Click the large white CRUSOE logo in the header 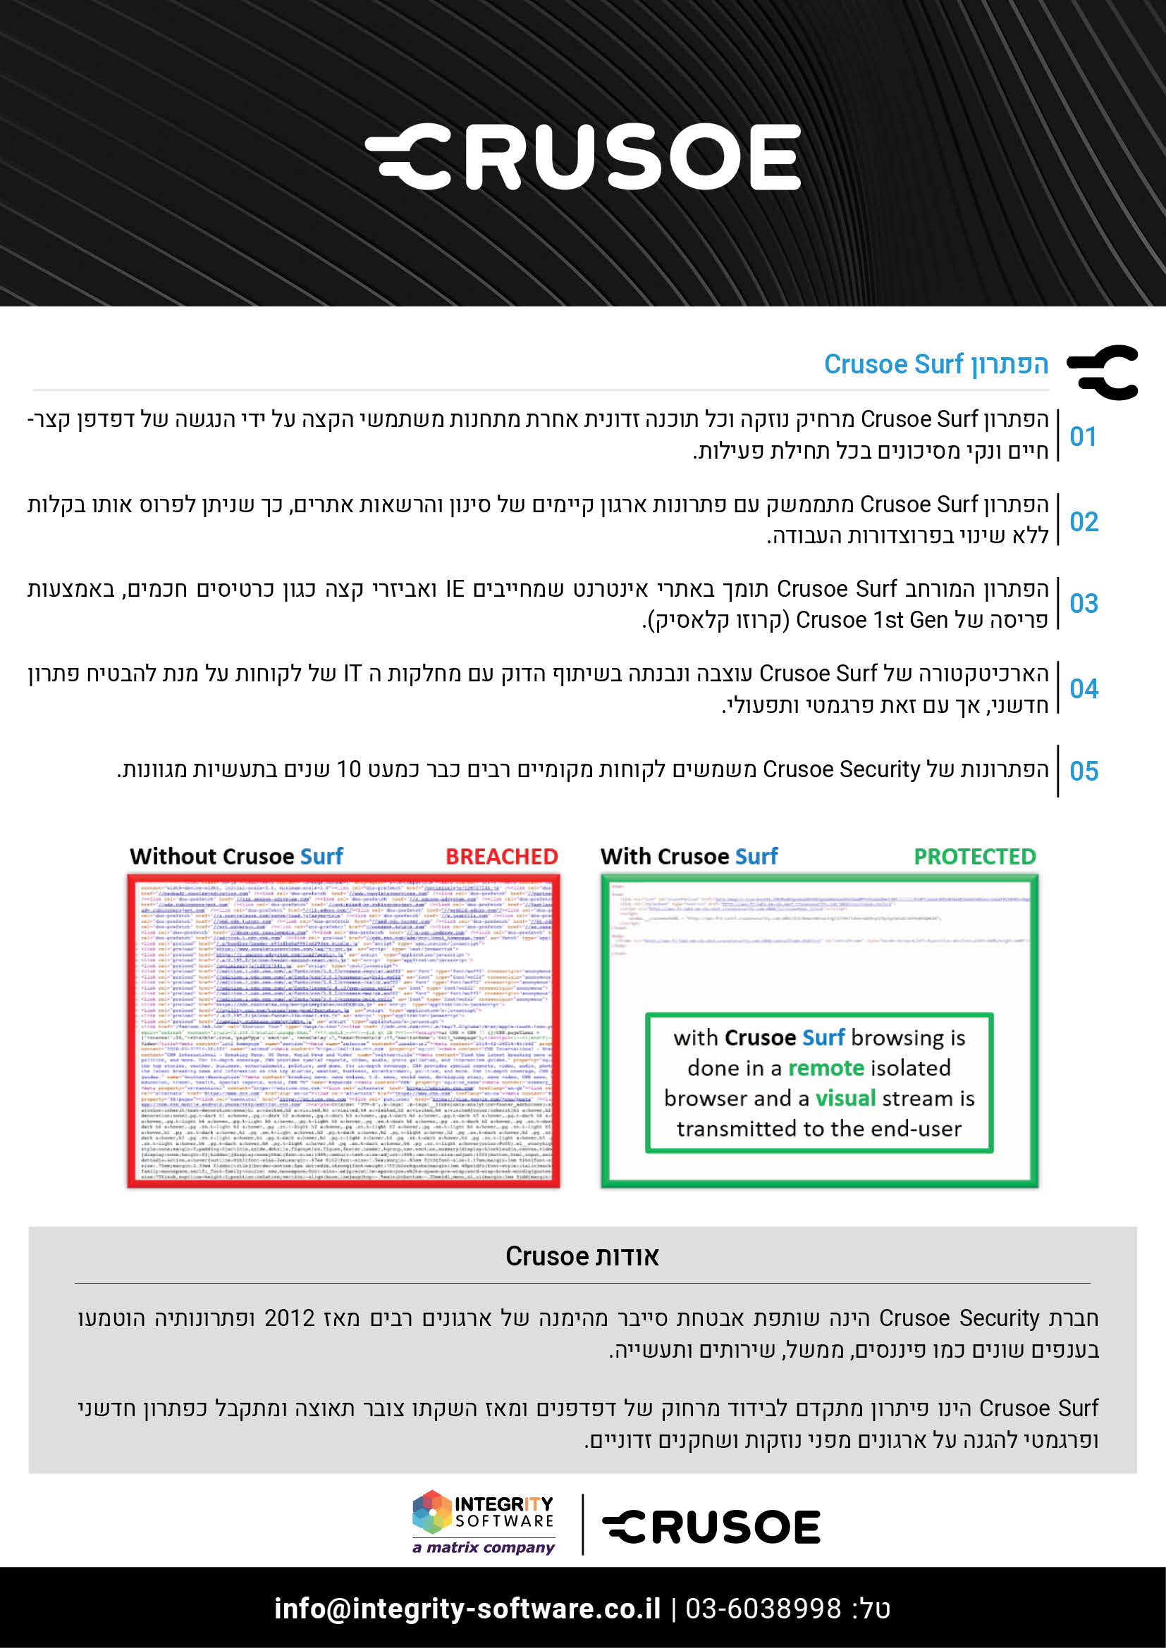(x=583, y=157)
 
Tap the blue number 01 (x=1083, y=436)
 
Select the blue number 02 (x=1084, y=522)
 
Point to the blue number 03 (x=1084, y=604)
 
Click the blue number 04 (x=1084, y=689)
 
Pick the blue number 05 (x=1084, y=771)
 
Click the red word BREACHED (x=501, y=856)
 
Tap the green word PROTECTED (x=974, y=856)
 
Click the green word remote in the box (x=826, y=1068)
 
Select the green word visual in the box (x=845, y=1098)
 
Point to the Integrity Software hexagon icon (x=431, y=1511)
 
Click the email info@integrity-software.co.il (x=467, y=1609)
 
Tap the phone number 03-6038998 (x=763, y=1609)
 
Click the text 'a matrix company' (x=483, y=1547)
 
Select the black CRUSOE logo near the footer (x=711, y=1527)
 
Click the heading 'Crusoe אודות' (x=582, y=1256)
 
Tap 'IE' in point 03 (x=455, y=589)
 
